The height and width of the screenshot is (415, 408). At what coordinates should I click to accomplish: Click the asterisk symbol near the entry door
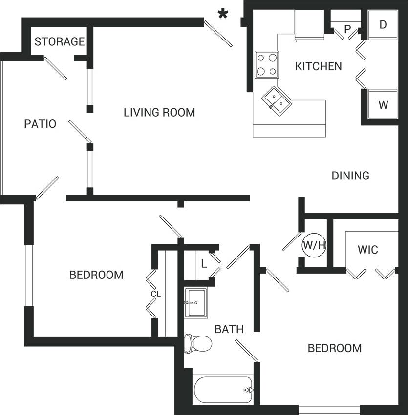click(x=223, y=14)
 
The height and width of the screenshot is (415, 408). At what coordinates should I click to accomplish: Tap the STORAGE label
click(x=60, y=41)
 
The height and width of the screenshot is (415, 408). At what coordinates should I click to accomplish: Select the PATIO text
click(x=40, y=124)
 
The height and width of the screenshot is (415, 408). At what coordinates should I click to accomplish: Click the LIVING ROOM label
click(x=159, y=113)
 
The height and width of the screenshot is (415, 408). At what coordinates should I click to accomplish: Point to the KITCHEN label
click(x=319, y=66)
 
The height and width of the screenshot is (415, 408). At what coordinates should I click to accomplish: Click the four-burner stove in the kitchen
click(x=266, y=64)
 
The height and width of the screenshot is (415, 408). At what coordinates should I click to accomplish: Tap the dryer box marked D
click(x=383, y=24)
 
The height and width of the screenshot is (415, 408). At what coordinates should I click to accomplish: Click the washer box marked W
click(x=383, y=105)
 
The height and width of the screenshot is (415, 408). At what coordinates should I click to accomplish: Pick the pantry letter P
click(x=347, y=29)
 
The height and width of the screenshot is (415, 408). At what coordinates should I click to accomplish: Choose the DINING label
click(x=350, y=176)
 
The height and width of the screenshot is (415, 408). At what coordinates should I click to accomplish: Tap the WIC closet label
click(x=367, y=250)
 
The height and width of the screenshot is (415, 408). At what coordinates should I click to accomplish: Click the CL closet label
click(x=155, y=294)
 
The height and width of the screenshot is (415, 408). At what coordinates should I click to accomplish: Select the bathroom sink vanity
click(x=196, y=303)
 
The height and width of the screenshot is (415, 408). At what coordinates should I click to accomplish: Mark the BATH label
click(x=229, y=329)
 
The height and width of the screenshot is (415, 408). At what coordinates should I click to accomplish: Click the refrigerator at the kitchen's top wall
click(x=309, y=24)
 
